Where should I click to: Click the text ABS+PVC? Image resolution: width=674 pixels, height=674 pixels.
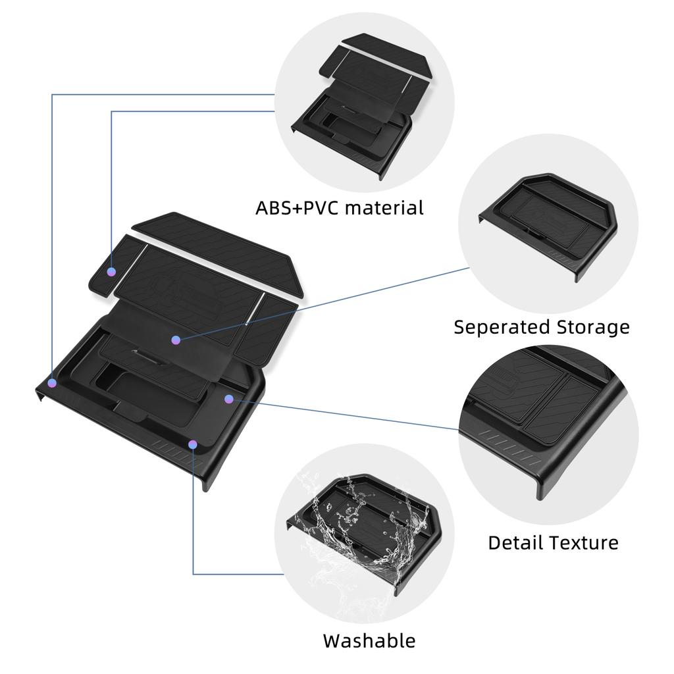pos(297,208)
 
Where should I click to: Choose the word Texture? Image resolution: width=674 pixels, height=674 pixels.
pos(584,542)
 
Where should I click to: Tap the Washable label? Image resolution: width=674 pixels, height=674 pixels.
pos(369,640)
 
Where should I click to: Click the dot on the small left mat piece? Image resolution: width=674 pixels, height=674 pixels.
pos(112,271)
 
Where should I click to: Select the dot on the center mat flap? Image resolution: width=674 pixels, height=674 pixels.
pos(176,340)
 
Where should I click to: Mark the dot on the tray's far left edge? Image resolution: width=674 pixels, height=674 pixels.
pos(52,382)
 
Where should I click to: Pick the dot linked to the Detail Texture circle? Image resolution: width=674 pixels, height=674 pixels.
pos(229,398)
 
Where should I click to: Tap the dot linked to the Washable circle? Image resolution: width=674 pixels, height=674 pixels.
pos(192,445)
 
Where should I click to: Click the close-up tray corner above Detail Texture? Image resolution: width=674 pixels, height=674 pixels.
pos(546,421)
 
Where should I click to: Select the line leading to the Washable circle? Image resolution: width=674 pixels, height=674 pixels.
pos(194,527)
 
